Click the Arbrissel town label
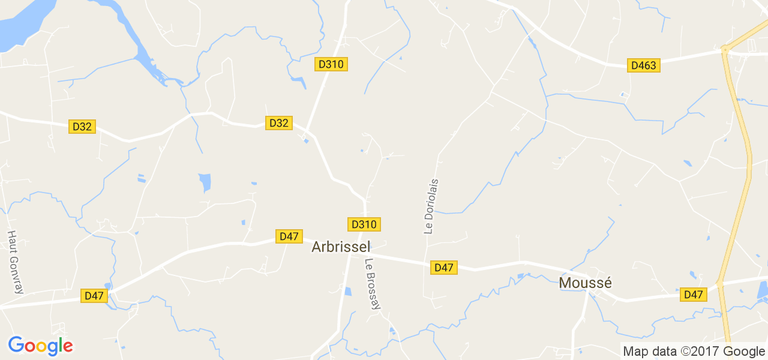click(341, 247)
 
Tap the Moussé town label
click(585, 283)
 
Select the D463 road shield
click(644, 65)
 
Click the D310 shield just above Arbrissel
click(364, 224)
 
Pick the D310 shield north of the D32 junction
click(331, 64)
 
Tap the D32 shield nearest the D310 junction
click(278, 123)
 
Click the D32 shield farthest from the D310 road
click(82, 127)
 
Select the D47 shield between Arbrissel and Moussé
click(444, 268)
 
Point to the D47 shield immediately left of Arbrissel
click(289, 236)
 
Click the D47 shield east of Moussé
click(693, 295)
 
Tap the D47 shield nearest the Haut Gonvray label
click(95, 296)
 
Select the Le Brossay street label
click(373, 284)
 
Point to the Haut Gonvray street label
click(15, 262)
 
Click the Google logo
click(41, 346)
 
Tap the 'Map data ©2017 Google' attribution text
click(694, 352)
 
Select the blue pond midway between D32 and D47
click(205, 182)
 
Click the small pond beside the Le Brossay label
click(348, 292)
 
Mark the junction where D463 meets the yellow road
click(725, 51)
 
